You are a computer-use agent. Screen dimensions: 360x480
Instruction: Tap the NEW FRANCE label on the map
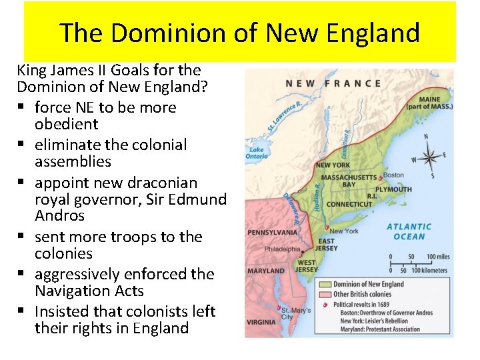click(333, 83)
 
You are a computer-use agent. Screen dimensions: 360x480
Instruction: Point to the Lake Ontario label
click(257, 153)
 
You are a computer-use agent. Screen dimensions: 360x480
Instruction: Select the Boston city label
click(394, 175)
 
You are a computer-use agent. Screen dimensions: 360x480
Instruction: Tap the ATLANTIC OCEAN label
click(409, 231)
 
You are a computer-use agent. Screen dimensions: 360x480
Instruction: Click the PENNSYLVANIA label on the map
click(272, 233)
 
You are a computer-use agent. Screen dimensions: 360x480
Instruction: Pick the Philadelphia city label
click(282, 249)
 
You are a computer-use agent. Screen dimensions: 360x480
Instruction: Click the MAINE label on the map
click(429, 99)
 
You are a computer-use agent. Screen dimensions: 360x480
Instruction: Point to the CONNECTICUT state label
click(349, 204)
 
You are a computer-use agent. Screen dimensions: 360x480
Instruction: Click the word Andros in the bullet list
click(60, 215)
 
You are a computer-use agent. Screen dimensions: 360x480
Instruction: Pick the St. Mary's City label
click(296, 313)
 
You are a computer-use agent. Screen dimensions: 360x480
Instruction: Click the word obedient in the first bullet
click(67, 124)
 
